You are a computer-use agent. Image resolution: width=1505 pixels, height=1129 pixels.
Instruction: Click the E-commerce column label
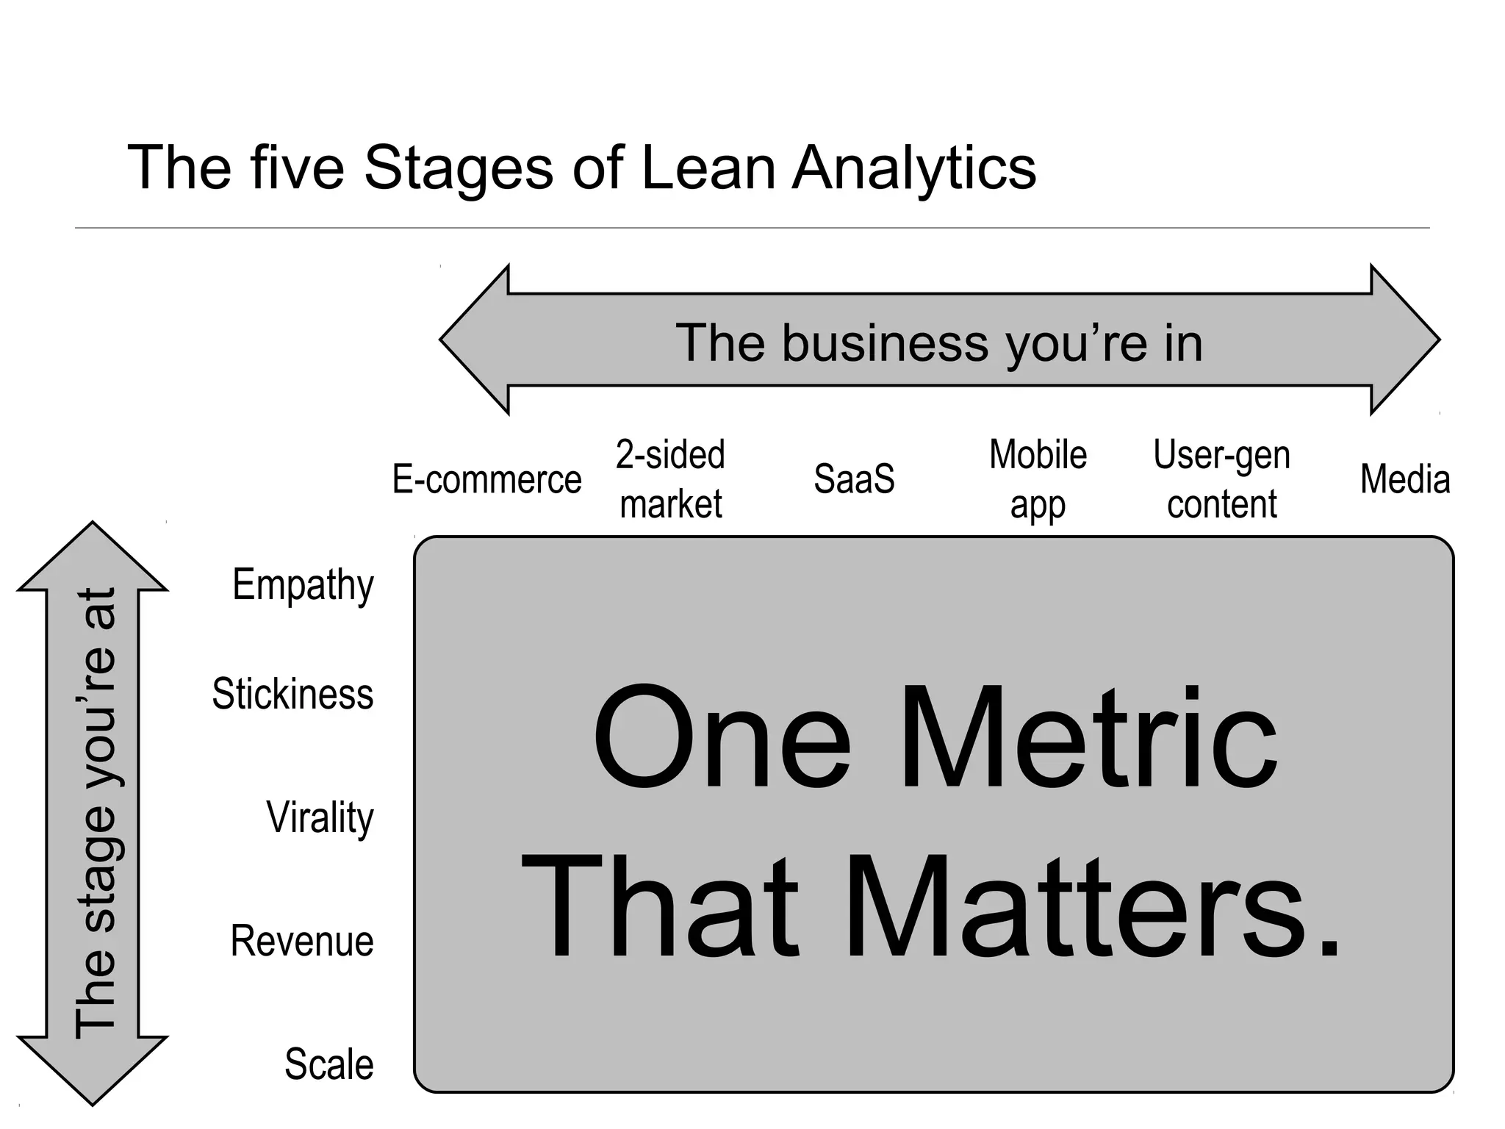tap(486, 480)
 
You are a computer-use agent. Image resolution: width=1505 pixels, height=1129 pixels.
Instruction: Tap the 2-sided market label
tap(670, 479)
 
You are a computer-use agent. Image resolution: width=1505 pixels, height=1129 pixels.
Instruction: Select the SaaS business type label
tap(854, 479)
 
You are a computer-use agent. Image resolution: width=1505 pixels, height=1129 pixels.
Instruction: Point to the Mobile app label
tap(1038, 479)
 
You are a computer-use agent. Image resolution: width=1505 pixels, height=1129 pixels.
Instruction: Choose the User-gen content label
tap(1221, 479)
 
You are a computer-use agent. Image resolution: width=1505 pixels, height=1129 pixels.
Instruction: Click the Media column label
tap(1405, 479)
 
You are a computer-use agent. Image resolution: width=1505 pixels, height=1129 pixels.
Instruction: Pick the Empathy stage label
tap(303, 585)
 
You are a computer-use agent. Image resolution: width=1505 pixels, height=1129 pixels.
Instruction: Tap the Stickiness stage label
tap(292, 694)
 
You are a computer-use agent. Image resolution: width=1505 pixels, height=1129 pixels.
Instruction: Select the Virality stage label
tap(320, 817)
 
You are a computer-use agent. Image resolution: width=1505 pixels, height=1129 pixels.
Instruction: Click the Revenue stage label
tap(302, 941)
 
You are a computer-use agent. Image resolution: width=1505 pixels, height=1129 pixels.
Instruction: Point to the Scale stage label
tap(328, 1064)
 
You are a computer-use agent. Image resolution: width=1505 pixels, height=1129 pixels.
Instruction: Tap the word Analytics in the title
tap(913, 169)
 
